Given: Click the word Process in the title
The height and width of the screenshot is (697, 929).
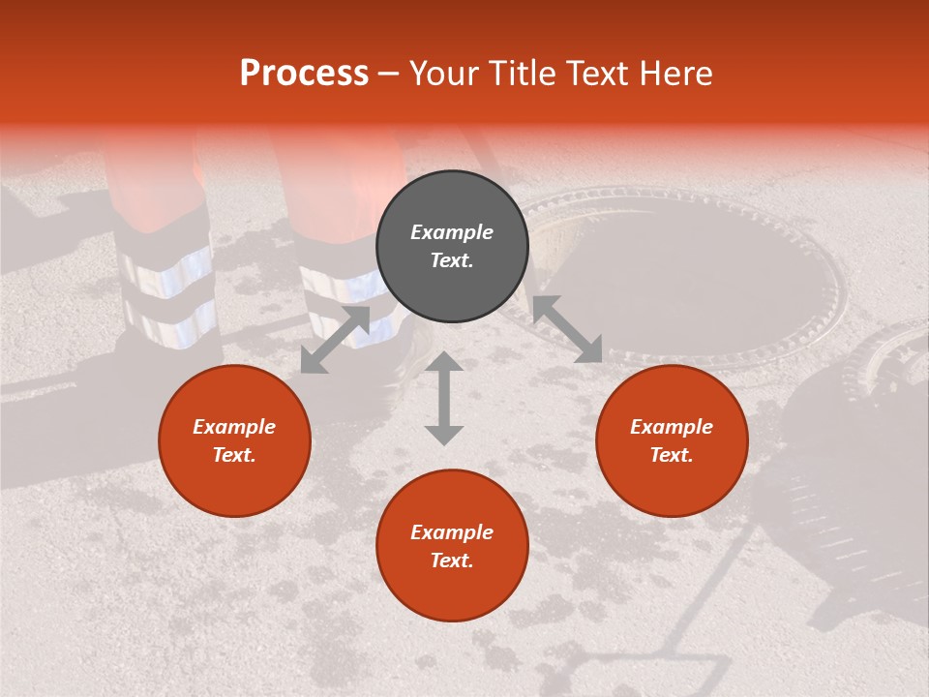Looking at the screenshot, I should pos(304,74).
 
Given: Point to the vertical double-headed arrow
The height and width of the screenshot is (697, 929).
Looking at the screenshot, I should pos(444,398).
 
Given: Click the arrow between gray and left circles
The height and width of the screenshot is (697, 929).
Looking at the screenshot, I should pos(335,340).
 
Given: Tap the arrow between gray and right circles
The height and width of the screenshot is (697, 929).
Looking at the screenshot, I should pos(567,329).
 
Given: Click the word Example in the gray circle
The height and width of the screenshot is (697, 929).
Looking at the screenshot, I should pos(452,232).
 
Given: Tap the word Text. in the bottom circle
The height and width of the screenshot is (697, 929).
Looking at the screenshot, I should pos(452,561).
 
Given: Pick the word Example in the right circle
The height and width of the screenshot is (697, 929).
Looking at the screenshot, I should pos(672,427).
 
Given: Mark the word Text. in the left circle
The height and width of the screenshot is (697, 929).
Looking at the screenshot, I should pos(234,455).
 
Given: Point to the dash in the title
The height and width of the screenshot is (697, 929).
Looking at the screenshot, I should pos(389,74).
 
